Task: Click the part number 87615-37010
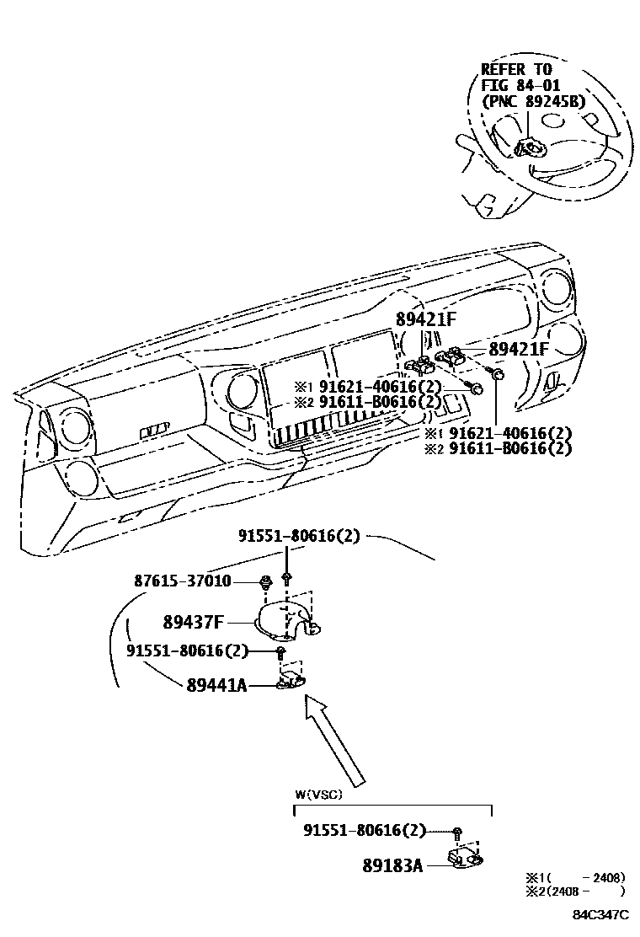pos(182,581)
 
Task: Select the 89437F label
pos(193,622)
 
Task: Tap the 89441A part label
pos(216,685)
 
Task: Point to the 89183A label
pos(392,865)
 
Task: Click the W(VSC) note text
pos(319,795)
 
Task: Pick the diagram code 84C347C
pos(601,915)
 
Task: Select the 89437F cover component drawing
pos(288,619)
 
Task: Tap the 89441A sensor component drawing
pos(291,679)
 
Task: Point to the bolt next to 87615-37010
pos(266,580)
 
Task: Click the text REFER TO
pos(517,69)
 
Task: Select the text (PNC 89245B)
pos(534,101)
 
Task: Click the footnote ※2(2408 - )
pos(575,891)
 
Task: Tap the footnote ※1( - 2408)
pos(575,877)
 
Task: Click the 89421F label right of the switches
pos(518,349)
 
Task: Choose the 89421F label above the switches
pos(425,319)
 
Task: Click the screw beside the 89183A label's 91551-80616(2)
pos(456,832)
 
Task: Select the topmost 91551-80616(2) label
pos(300,535)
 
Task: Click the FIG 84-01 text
pos(521,85)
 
